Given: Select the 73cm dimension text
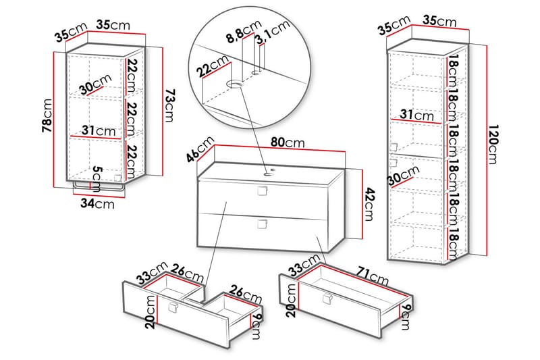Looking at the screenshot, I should point(171,108).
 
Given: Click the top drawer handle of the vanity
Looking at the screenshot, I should point(261,192).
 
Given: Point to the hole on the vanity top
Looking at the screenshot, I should point(268,173).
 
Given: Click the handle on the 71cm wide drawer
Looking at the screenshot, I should point(328,299).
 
